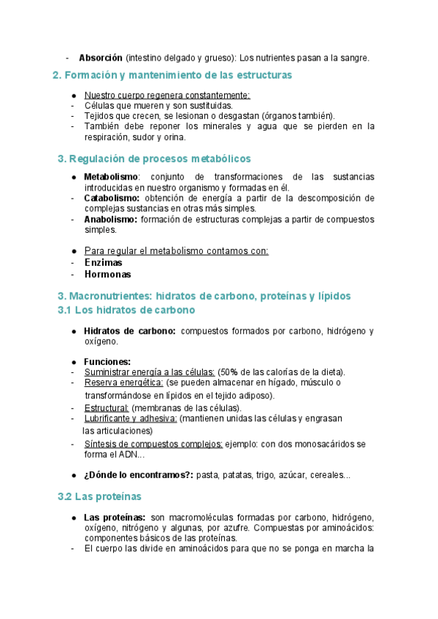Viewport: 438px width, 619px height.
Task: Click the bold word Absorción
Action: pos(100,58)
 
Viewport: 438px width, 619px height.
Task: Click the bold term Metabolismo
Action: pos(111,177)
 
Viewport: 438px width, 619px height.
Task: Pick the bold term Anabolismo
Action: pos(110,219)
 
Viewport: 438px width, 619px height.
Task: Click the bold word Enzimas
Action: pos(103,263)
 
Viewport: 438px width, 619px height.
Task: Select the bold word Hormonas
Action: pos(107,274)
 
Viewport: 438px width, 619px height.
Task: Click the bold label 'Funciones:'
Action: pos(107,361)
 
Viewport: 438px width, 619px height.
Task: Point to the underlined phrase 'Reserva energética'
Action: pos(123,382)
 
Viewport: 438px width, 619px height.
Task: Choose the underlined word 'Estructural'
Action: pos(107,408)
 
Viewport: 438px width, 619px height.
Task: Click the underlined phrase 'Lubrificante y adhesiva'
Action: pos(131,419)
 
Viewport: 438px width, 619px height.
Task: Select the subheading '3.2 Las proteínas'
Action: pos(99,497)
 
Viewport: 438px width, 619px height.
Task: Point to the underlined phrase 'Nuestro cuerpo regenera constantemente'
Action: pos(167,95)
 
